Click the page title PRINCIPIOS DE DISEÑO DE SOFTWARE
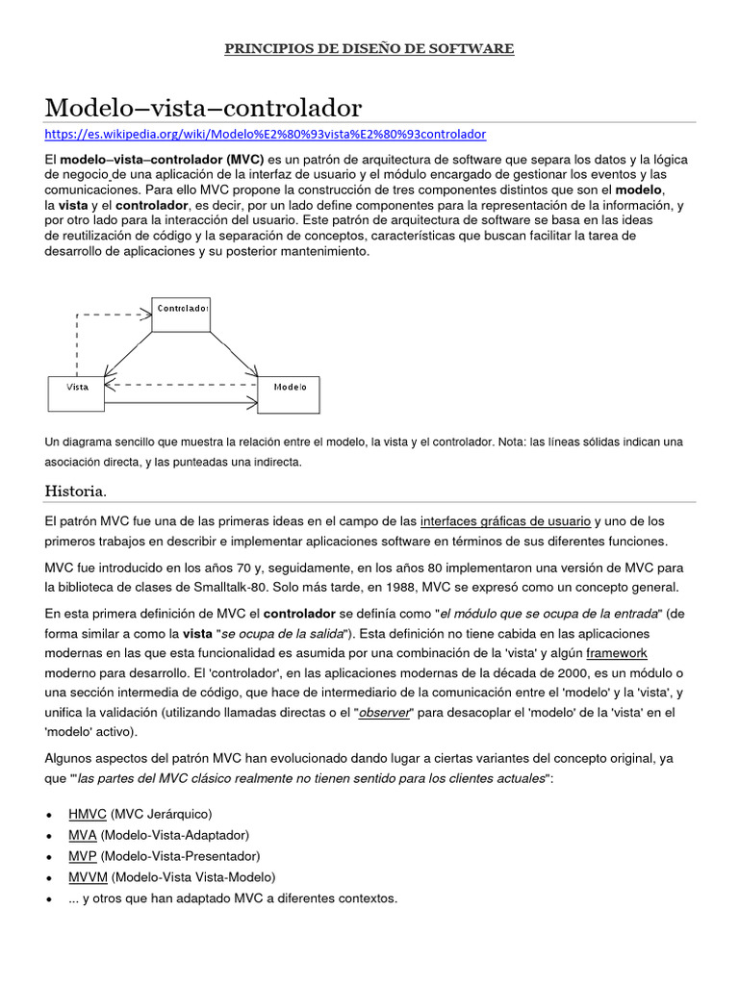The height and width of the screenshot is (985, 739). pos(369,48)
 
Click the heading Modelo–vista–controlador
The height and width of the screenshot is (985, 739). pos(203,106)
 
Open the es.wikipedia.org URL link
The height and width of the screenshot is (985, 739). pos(266,134)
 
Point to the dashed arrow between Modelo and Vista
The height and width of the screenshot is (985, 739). pos(183,384)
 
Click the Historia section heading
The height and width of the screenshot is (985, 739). pos(75,492)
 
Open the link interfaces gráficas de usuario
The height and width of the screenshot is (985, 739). pos(505,520)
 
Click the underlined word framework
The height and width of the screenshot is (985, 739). pos(617,652)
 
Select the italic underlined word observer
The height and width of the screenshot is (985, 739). pos(385,712)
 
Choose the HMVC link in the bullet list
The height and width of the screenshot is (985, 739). pos(88,814)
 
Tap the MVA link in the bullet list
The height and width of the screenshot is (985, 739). pos(82,835)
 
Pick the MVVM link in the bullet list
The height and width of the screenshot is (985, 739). pos(88,877)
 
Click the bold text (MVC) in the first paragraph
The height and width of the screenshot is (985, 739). pos(245,159)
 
